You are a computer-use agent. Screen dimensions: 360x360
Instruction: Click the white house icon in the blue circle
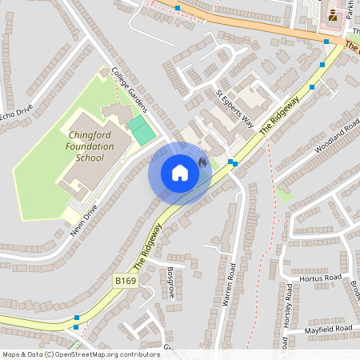180,172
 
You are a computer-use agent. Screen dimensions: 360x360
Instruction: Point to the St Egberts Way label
234,110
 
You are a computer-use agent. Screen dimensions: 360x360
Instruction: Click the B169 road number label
125,281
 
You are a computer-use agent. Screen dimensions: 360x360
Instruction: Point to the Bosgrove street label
170,282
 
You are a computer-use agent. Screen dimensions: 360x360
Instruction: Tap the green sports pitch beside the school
142,130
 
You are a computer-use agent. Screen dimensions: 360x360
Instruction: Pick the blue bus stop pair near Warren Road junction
233,163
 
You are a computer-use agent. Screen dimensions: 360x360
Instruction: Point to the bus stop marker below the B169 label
77,318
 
